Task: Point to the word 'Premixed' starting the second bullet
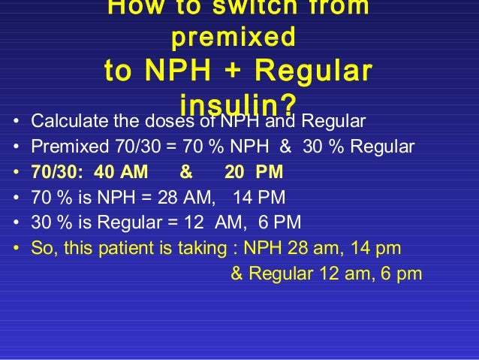(63, 147)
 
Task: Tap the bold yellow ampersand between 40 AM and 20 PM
(186, 172)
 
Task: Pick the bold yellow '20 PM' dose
(254, 172)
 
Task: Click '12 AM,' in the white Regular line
(206, 223)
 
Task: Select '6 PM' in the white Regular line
(281, 223)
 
